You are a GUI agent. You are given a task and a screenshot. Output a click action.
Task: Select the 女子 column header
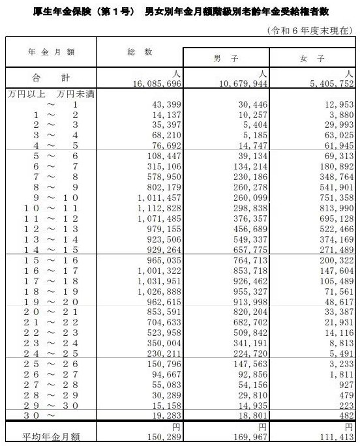pos(314,58)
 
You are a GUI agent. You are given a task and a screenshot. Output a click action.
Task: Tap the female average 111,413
pos(337,435)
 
